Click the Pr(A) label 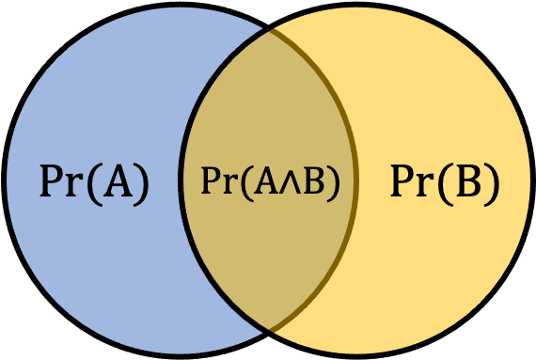[x=94, y=185]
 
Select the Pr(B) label [x=445, y=185]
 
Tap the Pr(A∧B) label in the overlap [x=270, y=183]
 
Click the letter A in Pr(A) [x=118, y=181]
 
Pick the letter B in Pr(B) [x=468, y=181]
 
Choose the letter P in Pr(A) [x=52, y=181]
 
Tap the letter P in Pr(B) [x=402, y=181]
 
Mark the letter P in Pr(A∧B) [x=211, y=181]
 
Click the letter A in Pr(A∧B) [x=266, y=181]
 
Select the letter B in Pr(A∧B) [x=314, y=181]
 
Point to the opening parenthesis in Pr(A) [x=94, y=185]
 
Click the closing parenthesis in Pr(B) [x=492, y=185]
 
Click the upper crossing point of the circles [x=268, y=29]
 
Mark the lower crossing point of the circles [x=268, y=331]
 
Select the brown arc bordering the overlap [x=355, y=180]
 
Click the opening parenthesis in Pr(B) [x=445, y=185]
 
